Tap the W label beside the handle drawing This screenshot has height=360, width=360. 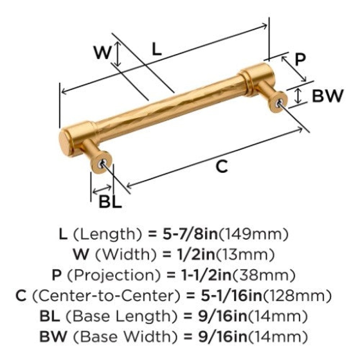(102, 52)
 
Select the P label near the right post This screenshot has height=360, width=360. (300, 59)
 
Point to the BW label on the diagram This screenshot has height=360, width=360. (328, 96)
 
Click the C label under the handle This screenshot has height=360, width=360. (222, 166)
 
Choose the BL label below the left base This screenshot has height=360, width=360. (110, 202)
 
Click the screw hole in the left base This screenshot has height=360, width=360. (101, 163)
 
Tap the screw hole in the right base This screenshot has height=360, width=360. (279, 103)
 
